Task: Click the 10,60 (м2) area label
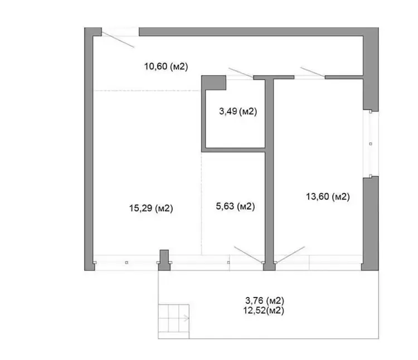[166, 66]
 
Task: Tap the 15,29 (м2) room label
[151, 208]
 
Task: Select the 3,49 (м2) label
[238, 111]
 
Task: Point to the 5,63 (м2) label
[235, 206]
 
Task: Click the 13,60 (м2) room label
[328, 197]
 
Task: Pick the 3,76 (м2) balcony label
[265, 300]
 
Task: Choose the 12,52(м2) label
[264, 310]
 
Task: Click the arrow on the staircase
[186, 318]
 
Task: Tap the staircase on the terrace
[173, 322]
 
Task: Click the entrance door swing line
[118, 40]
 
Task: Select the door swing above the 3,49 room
[241, 73]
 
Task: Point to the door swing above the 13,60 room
[313, 72]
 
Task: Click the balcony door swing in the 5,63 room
[248, 255]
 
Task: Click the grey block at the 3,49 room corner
[213, 83]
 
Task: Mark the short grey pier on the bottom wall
[164, 260]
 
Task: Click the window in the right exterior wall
[371, 144]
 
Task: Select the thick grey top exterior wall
[259, 31]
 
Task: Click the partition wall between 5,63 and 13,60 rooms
[270, 173]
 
